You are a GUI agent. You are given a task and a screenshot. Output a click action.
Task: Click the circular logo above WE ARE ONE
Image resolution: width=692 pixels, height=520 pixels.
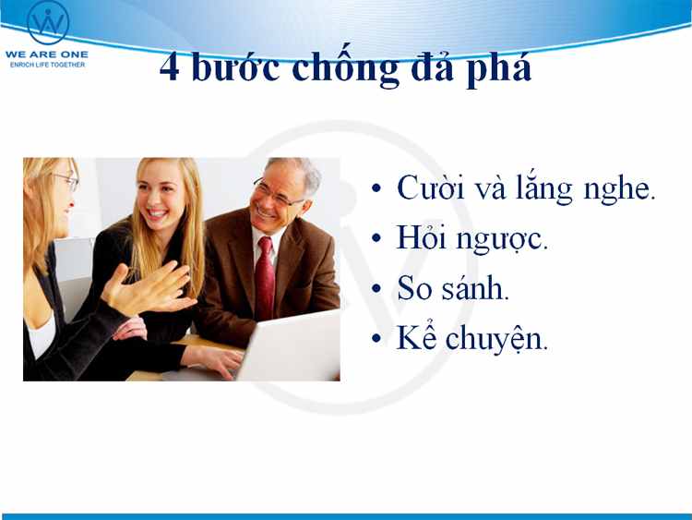point(48,22)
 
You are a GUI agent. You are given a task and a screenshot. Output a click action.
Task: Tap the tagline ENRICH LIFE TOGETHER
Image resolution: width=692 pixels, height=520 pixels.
point(47,65)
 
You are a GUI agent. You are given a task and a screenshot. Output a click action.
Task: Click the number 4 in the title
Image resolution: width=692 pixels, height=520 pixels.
point(170,67)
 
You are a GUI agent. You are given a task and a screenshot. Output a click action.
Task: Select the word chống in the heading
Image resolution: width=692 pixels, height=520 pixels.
point(346,67)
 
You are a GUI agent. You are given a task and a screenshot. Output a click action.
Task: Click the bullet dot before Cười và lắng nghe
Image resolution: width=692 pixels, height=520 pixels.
point(376,188)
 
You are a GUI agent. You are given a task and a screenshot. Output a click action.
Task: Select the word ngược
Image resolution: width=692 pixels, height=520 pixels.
point(501,241)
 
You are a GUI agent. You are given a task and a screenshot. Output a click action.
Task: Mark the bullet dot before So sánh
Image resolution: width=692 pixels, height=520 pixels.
point(376,288)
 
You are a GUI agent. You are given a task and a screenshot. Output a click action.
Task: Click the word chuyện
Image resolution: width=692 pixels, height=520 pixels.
point(496,339)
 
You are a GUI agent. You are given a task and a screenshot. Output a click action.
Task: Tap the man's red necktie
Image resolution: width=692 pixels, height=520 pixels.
point(264,278)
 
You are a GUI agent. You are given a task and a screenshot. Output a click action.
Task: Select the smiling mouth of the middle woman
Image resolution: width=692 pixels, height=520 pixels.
point(157,214)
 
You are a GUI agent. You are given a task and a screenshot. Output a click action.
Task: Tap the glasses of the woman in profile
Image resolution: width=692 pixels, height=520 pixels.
point(67,180)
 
